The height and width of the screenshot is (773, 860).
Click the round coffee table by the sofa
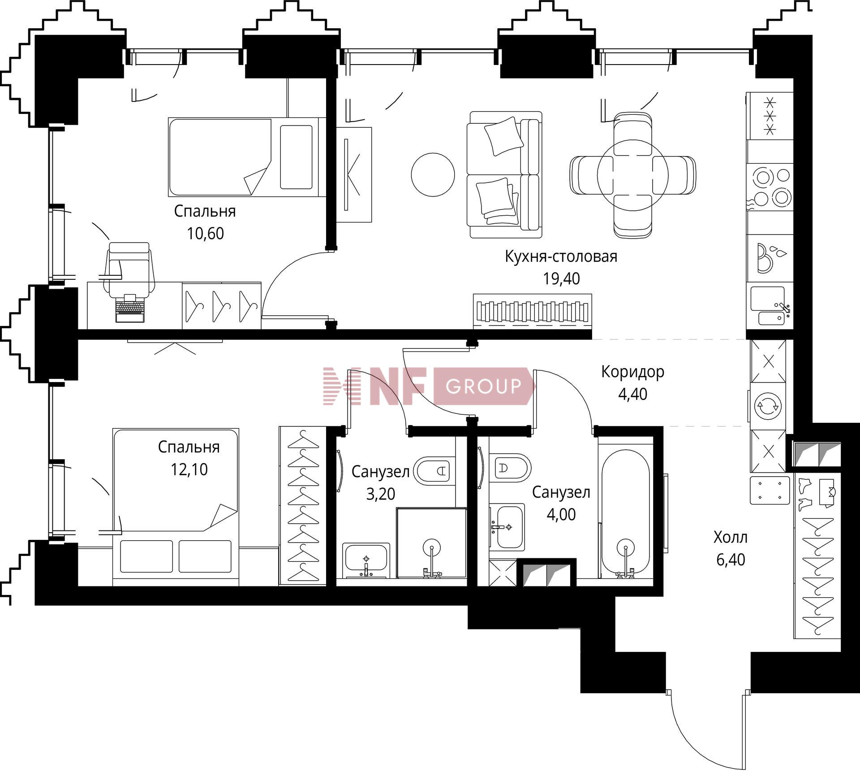(x=433, y=174)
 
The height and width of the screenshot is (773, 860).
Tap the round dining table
(x=633, y=174)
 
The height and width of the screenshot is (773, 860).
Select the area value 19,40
(x=561, y=278)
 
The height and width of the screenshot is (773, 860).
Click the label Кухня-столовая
(x=561, y=256)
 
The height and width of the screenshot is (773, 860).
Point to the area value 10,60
(x=205, y=234)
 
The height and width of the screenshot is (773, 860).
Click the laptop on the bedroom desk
(x=130, y=308)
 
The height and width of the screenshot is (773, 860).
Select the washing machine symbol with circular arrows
(x=768, y=406)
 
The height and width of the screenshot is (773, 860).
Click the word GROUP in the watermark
(x=484, y=386)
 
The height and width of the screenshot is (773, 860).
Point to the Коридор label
(x=632, y=372)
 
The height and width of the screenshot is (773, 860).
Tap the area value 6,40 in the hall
(x=731, y=560)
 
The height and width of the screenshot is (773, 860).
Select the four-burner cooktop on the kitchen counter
(x=769, y=186)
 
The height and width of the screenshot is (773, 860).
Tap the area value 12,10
(x=189, y=469)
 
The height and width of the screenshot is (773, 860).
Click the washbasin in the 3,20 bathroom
(x=366, y=560)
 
